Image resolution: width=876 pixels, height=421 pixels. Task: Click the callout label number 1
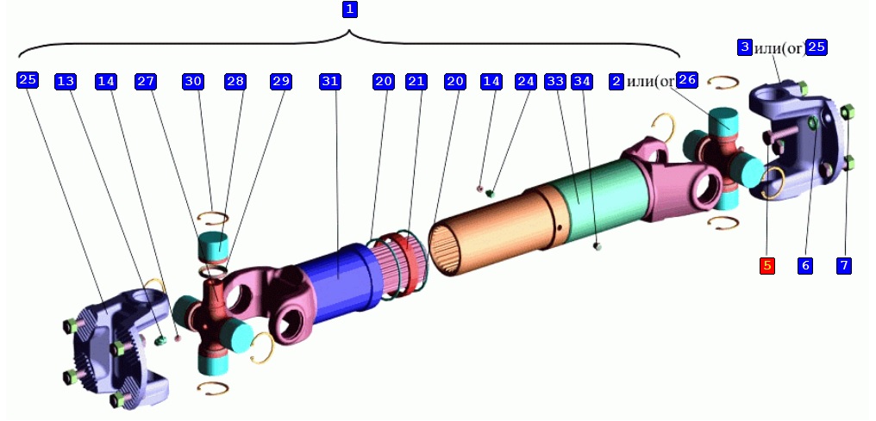(x=349, y=9)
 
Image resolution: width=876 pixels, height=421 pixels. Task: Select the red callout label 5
(x=767, y=266)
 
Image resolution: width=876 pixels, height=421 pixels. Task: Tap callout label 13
(x=66, y=81)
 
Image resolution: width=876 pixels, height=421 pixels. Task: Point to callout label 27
(x=146, y=81)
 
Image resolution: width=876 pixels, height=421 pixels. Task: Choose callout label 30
(x=193, y=81)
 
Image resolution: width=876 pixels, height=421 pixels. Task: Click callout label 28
(x=235, y=81)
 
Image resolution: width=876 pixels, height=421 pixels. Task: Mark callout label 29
(x=281, y=81)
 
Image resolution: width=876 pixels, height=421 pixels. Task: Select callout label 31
(x=329, y=81)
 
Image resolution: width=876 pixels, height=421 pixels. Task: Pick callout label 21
(x=416, y=81)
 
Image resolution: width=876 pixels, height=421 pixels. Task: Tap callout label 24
(x=526, y=81)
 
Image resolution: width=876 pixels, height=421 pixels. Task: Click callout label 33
(x=555, y=81)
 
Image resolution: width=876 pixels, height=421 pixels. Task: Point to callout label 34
(x=583, y=81)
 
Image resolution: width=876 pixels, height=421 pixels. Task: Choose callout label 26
(x=687, y=80)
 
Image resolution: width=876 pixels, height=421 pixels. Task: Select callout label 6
(x=805, y=266)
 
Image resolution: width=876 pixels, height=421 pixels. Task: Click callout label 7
(x=844, y=266)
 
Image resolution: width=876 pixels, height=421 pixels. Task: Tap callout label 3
(x=744, y=47)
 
